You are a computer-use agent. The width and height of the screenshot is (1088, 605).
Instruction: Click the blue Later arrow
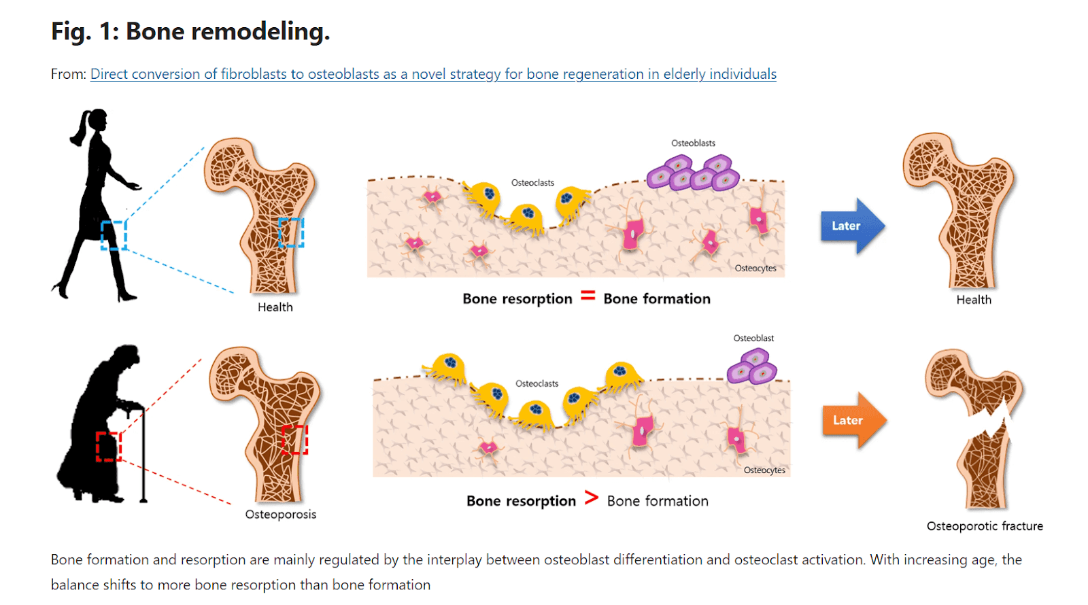pos(853,226)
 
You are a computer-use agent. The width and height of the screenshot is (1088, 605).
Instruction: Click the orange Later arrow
pos(855,420)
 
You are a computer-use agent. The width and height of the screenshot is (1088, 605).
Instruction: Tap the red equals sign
pos(588,296)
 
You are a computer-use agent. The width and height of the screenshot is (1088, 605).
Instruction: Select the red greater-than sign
pos(591,498)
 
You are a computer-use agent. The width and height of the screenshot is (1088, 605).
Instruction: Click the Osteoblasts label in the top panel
pos(693,143)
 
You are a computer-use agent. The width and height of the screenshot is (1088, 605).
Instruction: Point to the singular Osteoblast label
pos(753,338)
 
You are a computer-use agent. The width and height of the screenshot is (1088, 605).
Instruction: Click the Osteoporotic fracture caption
pos(985,526)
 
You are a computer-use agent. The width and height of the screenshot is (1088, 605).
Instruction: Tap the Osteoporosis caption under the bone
pos(280,514)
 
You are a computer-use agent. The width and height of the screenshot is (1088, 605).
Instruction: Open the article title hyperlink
pos(433,74)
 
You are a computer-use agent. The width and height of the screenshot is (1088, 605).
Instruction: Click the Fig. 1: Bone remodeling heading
pos(190,31)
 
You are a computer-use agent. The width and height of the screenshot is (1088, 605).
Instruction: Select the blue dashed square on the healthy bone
pos(291,232)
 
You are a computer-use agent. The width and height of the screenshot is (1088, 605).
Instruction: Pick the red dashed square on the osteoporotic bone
pos(295,439)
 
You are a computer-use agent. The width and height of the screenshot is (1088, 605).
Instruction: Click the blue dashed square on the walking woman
pos(114,235)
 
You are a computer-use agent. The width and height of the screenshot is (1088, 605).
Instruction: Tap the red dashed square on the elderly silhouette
pos(108,446)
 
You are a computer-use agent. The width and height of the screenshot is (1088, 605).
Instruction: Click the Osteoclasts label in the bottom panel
pos(537,383)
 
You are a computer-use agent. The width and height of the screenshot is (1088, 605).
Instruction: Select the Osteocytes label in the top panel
pos(755,268)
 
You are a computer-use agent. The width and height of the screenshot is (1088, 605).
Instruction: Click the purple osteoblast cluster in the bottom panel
pos(752,366)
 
